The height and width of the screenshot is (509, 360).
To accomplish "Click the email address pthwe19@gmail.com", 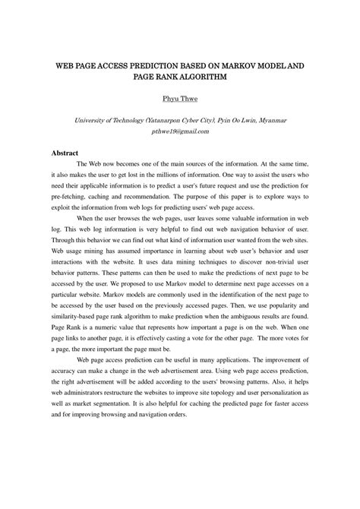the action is click(180, 131).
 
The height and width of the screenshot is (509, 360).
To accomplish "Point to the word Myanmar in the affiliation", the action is click(270, 120).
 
